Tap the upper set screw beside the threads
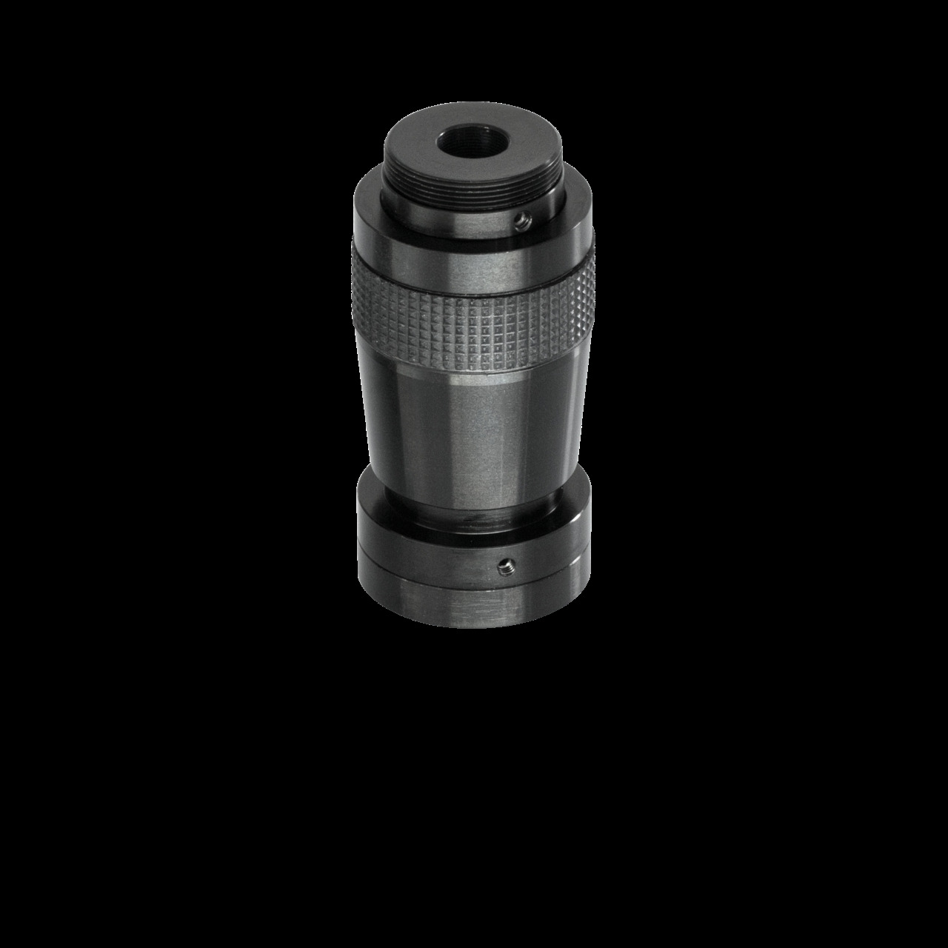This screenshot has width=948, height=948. pyautogui.click(x=524, y=218)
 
